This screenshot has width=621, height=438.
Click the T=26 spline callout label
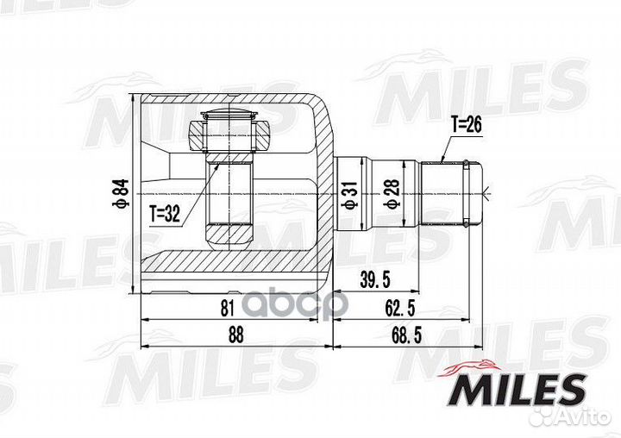coord(467,125)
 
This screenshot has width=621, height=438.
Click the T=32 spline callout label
coord(165,214)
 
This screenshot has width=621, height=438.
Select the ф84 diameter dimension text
coord(123,193)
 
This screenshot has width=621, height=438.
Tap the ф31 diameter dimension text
coord(350,195)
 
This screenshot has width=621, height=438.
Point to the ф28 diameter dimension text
coord(392,194)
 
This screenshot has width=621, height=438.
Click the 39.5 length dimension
coord(374,280)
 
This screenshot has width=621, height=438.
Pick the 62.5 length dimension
coord(400,308)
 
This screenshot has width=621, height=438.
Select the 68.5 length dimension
coord(406,335)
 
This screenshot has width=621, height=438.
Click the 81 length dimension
coord(228,308)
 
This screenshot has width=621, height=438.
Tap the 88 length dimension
coord(235,335)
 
